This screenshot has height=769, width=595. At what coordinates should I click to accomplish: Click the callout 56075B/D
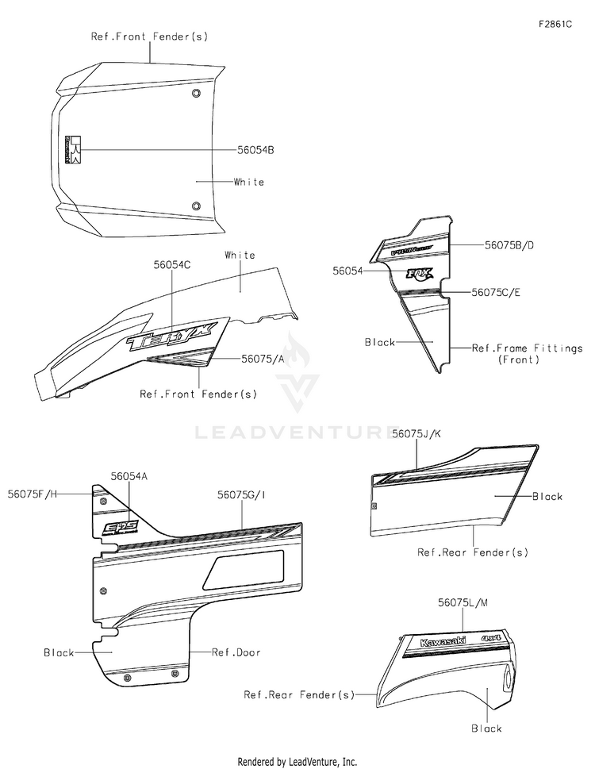(x=509, y=245)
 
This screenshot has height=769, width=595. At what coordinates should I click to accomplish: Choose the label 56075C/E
(x=496, y=292)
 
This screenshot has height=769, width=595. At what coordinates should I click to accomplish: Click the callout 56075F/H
(x=33, y=494)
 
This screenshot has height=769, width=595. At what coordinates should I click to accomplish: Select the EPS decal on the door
(x=122, y=526)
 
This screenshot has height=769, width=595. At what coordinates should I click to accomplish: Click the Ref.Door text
(x=236, y=652)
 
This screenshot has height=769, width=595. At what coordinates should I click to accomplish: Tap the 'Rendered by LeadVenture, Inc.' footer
(x=297, y=761)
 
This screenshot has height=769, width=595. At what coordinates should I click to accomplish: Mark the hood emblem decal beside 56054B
(x=71, y=148)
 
